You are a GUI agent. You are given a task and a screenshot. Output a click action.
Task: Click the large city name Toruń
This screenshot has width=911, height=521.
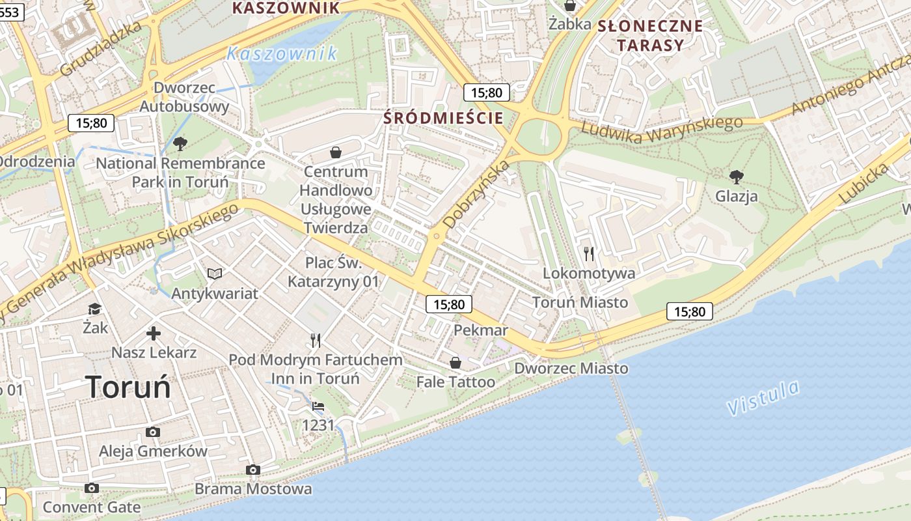coord(128,387)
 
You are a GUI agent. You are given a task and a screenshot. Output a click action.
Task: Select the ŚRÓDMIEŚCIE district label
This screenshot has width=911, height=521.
coord(443,118)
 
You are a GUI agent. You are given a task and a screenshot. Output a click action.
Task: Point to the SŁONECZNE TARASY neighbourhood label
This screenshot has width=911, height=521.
coord(650,36)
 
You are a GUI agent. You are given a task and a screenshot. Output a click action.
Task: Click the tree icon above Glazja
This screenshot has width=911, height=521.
coord(737,176)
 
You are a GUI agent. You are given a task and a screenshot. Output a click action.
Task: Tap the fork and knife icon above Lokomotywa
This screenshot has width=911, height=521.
coord(589,253)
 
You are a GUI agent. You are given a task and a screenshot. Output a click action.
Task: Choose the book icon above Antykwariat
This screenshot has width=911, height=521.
coord(215,274)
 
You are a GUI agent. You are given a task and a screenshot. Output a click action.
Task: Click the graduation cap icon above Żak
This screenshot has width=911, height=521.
coord(95,309)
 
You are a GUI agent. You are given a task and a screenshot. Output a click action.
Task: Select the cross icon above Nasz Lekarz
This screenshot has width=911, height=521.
coord(154,334)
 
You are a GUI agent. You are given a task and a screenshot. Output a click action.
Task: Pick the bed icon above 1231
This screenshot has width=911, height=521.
coord(318,406)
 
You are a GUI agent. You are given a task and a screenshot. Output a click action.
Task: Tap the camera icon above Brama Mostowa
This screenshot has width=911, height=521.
coord(253,470)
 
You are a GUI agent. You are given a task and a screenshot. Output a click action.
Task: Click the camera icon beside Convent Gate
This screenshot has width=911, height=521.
coord(92,488)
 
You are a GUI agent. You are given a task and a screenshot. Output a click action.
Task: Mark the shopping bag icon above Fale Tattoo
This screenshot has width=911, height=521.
coord(455,362)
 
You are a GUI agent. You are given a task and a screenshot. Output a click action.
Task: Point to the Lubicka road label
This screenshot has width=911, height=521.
coord(863,184)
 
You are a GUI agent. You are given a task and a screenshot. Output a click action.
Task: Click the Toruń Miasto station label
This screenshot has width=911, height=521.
coord(580,302)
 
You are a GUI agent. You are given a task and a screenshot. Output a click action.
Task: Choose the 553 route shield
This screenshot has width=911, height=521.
coord(11,12)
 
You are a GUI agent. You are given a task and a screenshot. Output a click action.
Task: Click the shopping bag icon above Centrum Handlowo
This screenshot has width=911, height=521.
coord(336,152)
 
